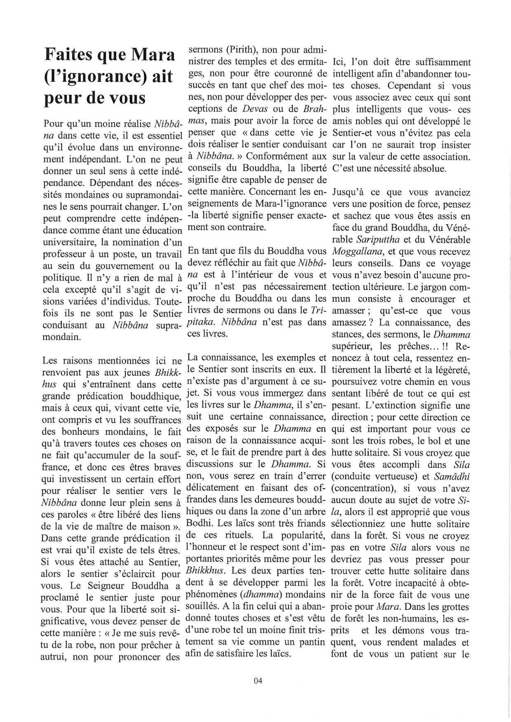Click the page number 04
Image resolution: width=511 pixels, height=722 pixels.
(258, 680)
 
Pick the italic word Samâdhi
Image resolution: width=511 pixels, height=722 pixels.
(451, 476)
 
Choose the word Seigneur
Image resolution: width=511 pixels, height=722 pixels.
(109, 586)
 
